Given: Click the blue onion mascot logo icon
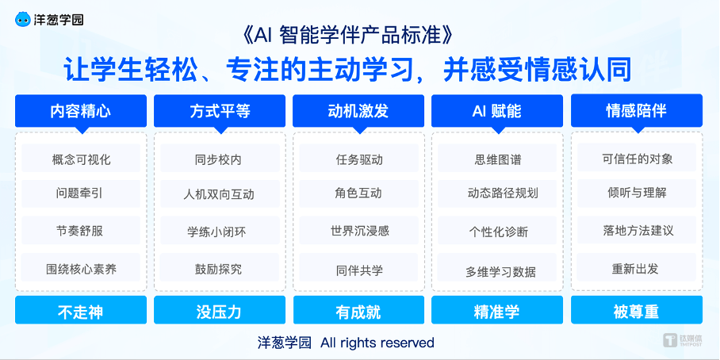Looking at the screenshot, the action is pyautogui.click(x=23, y=19).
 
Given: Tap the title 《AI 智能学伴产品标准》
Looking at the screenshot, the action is pyautogui.click(x=347, y=36).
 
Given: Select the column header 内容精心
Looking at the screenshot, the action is pyautogui.click(x=81, y=111).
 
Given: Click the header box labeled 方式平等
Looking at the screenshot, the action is pyautogui.click(x=220, y=111).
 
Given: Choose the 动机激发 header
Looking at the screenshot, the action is pyautogui.click(x=358, y=111).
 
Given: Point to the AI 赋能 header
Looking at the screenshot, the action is pyautogui.click(x=497, y=111).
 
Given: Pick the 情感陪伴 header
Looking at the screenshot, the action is pyautogui.click(x=637, y=111).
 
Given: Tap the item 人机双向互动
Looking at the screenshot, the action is pyautogui.click(x=220, y=194).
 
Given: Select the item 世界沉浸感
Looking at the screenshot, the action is pyautogui.click(x=358, y=231).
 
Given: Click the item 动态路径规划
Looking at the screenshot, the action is pyautogui.click(x=497, y=193).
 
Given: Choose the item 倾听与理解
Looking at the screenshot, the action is pyautogui.click(x=637, y=193).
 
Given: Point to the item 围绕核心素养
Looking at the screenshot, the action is pyautogui.click(x=81, y=268).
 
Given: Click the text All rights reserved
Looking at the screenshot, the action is pyautogui.click(x=377, y=343).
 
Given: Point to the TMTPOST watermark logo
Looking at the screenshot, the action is pyautogui.click(x=683, y=340).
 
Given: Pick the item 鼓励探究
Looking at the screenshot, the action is pyautogui.click(x=220, y=268).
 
